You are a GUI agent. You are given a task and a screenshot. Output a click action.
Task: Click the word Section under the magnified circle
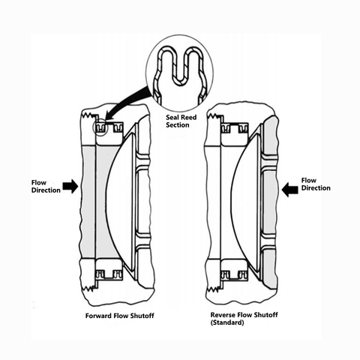click(x=178, y=125)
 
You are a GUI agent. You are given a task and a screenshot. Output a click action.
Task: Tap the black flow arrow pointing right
click(x=70, y=186)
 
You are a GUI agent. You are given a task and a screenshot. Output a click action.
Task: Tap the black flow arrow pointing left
click(x=289, y=190)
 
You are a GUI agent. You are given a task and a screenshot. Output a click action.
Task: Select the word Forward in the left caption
click(x=99, y=316)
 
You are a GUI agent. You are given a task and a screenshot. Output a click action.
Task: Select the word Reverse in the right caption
click(x=223, y=315)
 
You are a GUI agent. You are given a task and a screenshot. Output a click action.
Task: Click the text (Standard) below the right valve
click(x=227, y=322)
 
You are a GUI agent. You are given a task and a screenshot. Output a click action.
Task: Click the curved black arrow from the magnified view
click(x=127, y=100)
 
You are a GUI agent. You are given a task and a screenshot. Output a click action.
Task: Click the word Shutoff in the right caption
click(x=266, y=315)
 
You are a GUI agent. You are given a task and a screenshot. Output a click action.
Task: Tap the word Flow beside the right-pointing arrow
click(x=39, y=183)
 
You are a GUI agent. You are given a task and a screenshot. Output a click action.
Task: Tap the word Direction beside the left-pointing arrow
click(x=316, y=188)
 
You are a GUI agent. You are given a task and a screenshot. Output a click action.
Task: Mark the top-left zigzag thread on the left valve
click(x=88, y=116)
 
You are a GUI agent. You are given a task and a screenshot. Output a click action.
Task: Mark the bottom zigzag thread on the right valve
click(x=214, y=289)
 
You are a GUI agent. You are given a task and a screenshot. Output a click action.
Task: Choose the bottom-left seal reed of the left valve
click(x=100, y=274)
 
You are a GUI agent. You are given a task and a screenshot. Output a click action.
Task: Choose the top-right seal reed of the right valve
click(x=243, y=129)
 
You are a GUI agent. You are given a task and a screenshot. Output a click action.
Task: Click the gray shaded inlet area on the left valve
click(x=89, y=202)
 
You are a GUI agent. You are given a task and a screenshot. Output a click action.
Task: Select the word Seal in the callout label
click(x=172, y=117)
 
